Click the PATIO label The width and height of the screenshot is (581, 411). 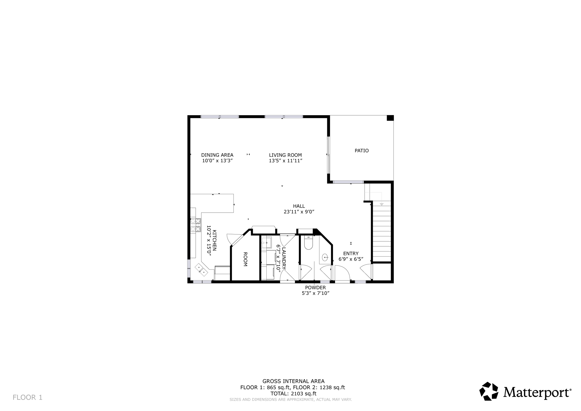[361, 151]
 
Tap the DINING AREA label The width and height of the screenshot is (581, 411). [217, 155]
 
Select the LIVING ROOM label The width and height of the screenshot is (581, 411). [285, 155]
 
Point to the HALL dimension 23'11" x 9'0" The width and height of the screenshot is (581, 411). [299, 212]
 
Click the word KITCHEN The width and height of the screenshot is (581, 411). [214, 240]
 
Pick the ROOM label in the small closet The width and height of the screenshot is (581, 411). [245, 259]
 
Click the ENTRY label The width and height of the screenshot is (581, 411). [351, 253]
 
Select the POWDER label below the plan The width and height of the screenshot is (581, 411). [315, 288]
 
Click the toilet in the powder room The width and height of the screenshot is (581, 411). [308, 243]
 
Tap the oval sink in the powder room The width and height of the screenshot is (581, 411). [325, 257]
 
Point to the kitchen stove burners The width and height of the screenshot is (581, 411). [195, 225]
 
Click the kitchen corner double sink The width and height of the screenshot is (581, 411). [201, 270]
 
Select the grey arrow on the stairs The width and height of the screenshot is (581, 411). [382, 204]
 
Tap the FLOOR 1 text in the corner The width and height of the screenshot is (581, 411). [28, 397]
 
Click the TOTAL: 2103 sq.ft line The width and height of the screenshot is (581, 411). [293, 393]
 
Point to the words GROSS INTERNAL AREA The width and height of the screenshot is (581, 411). [293, 381]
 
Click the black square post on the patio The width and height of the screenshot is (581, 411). [390, 118]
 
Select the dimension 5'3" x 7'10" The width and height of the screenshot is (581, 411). [315, 293]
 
